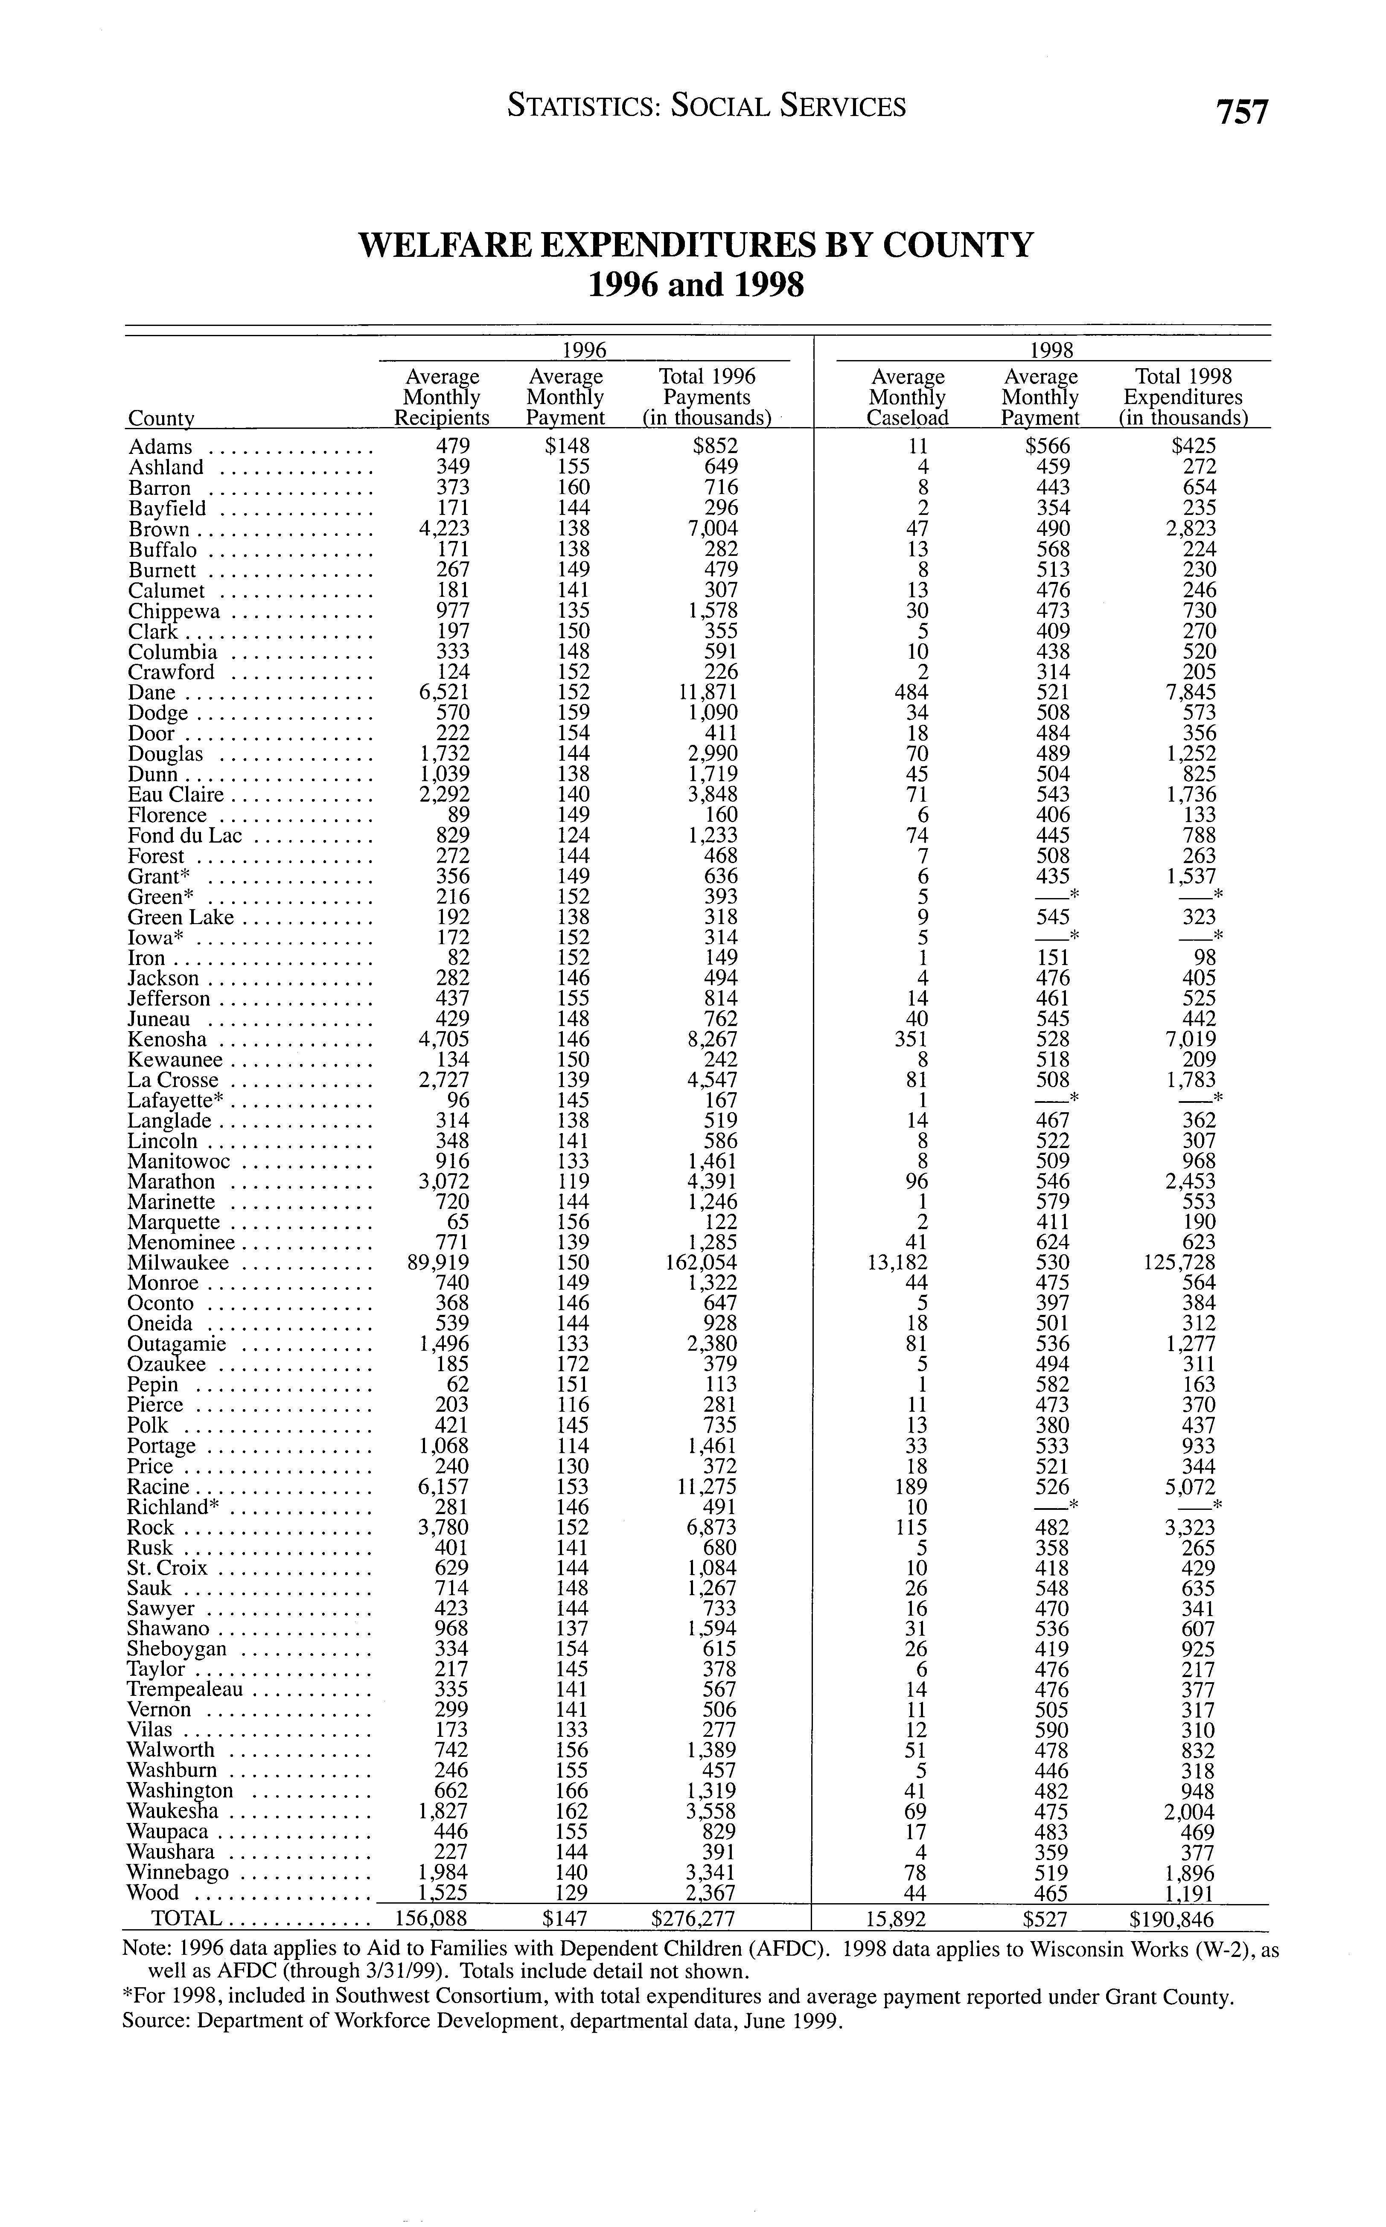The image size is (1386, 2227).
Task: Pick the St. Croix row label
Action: (x=168, y=1568)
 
